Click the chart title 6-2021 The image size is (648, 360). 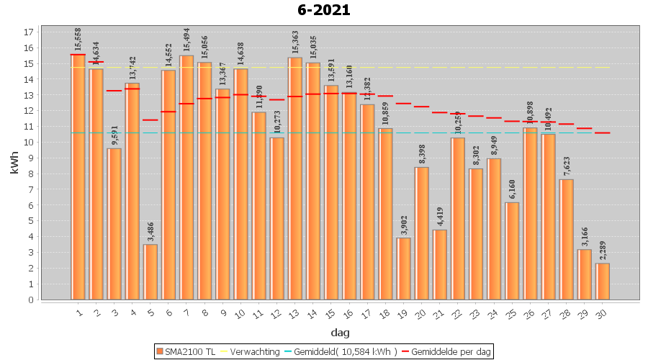coord(324,10)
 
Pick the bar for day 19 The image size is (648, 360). coord(404,269)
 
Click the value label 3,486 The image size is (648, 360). coord(150,230)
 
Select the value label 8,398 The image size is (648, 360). coord(422,153)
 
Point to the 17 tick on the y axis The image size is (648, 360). coord(29,32)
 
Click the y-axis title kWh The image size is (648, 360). coord(14,166)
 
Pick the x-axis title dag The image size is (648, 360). coord(340,333)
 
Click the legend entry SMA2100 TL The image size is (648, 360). coord(186,351)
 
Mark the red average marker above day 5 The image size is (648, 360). coord(150,120)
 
